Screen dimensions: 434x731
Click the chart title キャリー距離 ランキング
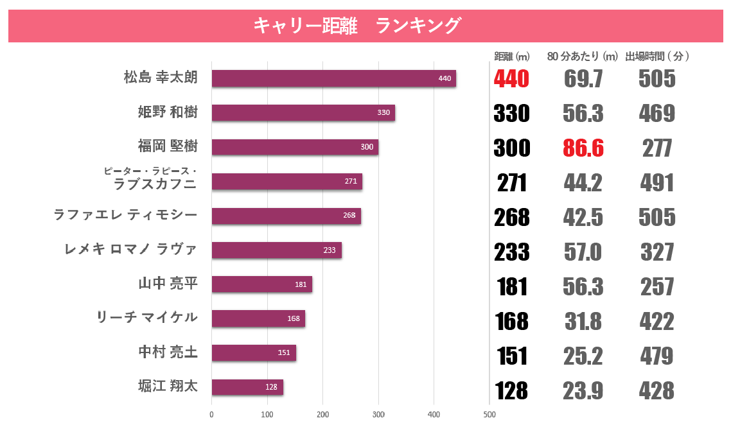[357, 26]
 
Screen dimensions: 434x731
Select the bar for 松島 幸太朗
[333, 78]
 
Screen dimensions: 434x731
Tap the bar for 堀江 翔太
[247, 387]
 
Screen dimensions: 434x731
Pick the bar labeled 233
[276, 250]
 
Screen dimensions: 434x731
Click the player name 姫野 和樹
[168, 112]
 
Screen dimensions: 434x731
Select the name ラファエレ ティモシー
[125, 215]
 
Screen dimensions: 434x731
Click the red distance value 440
[511, 79]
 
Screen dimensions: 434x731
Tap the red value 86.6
[583, 148]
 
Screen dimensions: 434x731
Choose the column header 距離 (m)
[511, 56]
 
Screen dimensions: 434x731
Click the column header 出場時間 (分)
[657, 56]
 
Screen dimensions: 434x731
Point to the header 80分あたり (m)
[582, 56]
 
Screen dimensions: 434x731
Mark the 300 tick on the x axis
[378, 415]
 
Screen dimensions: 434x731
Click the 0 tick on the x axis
[211, 415]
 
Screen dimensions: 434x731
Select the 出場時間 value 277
[657, 148]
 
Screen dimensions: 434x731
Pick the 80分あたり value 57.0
[583, 252]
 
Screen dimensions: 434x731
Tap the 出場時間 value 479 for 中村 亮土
[656, 356]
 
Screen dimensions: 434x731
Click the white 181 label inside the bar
[301, 284]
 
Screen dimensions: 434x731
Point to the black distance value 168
[511, 321]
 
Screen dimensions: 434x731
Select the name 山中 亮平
[168, 283]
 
